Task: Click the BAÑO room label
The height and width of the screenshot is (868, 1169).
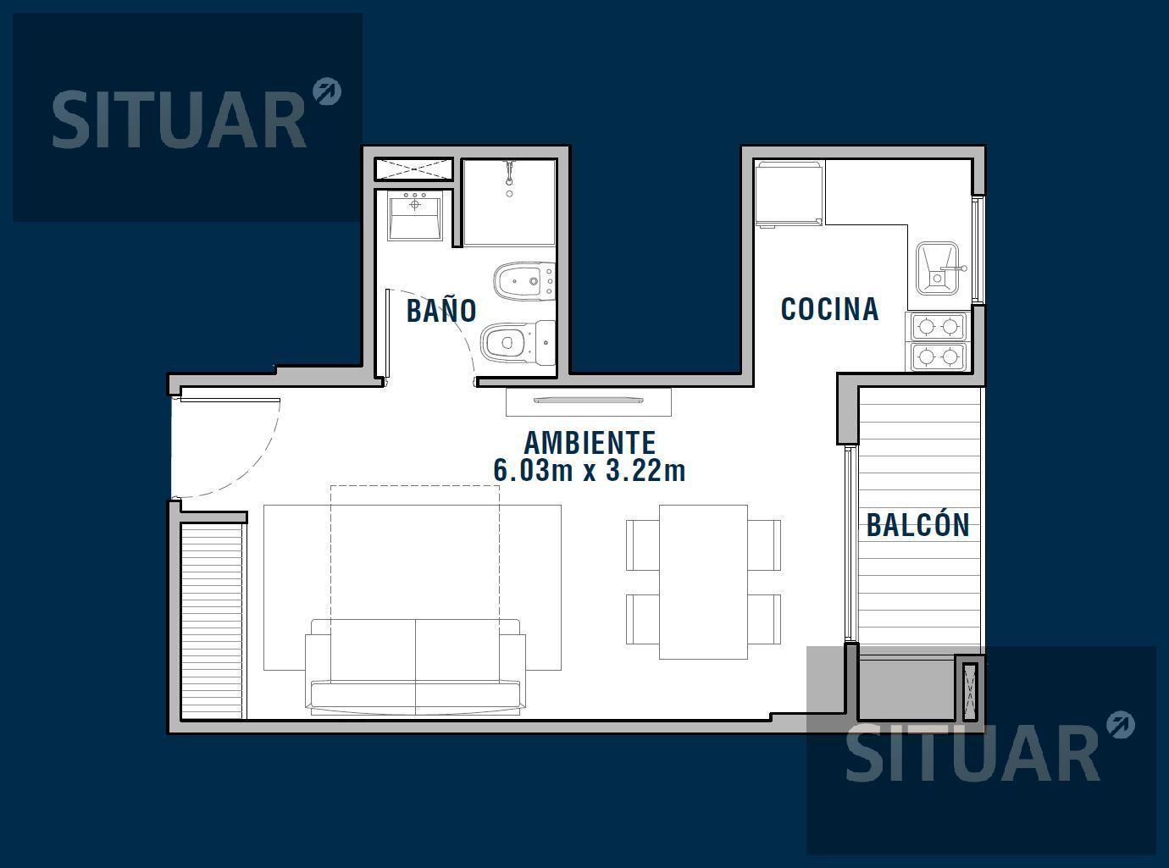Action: (441, 310)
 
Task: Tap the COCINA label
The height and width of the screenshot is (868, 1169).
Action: (829, 309)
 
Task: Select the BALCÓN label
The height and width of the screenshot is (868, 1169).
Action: (918, 524)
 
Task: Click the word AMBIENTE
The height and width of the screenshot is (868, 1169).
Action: (590, 443)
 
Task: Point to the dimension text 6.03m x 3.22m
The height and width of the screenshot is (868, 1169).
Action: (590, 470)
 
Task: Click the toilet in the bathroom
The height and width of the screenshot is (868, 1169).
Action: (518, 343)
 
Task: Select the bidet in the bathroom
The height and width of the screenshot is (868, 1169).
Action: (524, 281)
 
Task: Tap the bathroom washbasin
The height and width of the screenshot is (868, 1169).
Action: (415, 216)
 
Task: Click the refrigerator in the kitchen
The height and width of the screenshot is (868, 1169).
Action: (789, 194)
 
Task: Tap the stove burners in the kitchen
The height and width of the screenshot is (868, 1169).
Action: (937, 341)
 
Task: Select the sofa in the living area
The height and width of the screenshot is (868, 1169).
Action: (415, 666)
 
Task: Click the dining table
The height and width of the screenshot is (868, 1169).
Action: (703, 582)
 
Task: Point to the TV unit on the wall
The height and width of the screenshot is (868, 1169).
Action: (589, 401)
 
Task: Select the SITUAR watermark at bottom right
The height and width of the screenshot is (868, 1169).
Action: (989, 753)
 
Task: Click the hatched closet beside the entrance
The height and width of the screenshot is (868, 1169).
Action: (212, 622)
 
